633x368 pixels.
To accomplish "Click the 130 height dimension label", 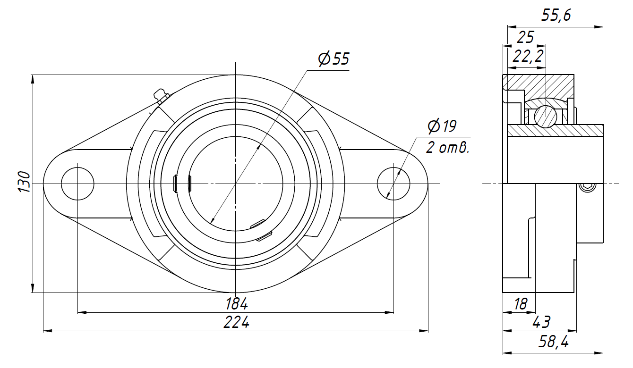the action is [25, 182].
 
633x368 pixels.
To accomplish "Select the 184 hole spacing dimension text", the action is [237, 304].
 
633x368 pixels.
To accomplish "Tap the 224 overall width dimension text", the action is [237, 322].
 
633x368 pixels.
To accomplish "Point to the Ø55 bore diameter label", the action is [334, 59].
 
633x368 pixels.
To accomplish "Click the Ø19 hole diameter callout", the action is [442, 126].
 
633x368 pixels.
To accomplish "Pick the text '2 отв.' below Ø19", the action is [447, 148].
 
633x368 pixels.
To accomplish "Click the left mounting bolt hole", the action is [77, 184].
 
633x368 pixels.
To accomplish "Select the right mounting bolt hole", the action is [393, 184].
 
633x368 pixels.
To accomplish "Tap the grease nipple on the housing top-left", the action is [161, 96].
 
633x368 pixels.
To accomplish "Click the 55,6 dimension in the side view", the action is [556, 15].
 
